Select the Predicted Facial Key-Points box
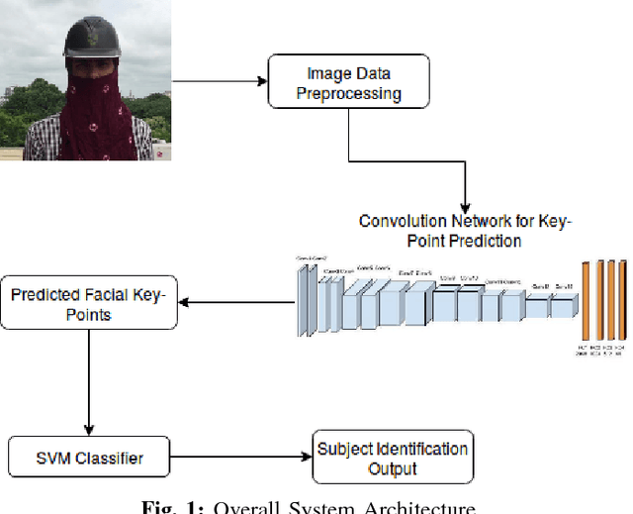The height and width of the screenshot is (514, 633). tap(90, 304)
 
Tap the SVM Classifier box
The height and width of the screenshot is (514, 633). tap(90, 459)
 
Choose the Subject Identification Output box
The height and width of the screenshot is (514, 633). tap(393, 458)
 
